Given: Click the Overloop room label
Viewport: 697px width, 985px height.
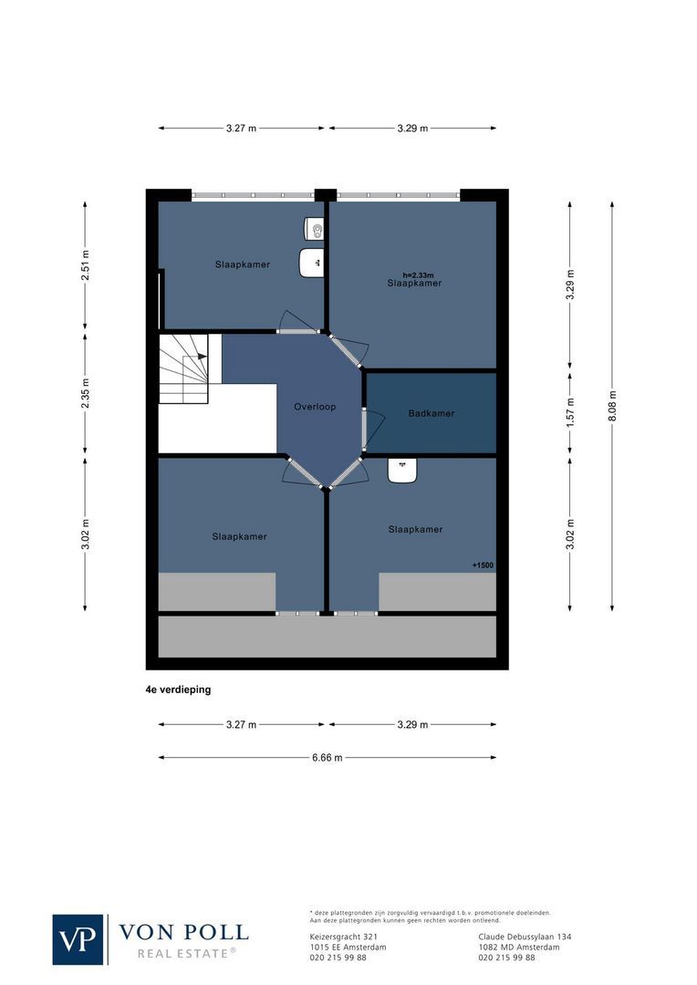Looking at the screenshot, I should click(315, 407).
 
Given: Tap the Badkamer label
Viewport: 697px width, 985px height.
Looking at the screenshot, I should click(431, 413).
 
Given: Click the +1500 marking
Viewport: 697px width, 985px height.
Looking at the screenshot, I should click(483, 565).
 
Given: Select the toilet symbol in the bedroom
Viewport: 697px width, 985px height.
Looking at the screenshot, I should click(315, 228).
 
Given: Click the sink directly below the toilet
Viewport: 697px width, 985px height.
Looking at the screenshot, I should click(312, 262).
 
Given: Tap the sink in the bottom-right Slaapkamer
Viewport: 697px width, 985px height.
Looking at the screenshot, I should click(402, 470).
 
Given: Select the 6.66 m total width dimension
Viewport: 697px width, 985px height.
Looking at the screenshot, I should click(327, 757).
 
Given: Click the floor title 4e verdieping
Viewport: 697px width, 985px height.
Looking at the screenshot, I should click(172, 689).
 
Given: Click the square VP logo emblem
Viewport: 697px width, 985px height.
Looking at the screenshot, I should click(78, 938).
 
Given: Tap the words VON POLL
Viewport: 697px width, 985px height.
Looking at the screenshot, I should click(182, 931).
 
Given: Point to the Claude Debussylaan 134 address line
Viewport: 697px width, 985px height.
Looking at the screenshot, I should click(525, 937).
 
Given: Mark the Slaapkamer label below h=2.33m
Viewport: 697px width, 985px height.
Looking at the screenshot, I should click(413, 284).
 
